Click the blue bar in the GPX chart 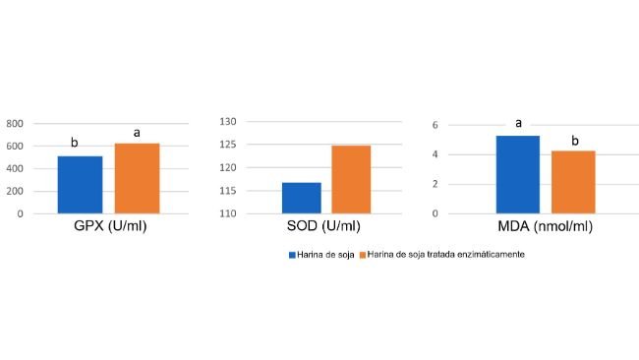(80, 185)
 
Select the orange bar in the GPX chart (137, 178)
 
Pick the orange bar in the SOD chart (351, 179)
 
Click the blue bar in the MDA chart (517, 174)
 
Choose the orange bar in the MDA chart (573, 182)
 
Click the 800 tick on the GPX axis (15, 124)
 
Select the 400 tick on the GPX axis (15, 169)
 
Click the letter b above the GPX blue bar (75, 144)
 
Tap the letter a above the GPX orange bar (137, 132)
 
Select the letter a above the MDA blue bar (518, 123)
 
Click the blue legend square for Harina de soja (292, 255)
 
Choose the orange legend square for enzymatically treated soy (362, 255)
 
